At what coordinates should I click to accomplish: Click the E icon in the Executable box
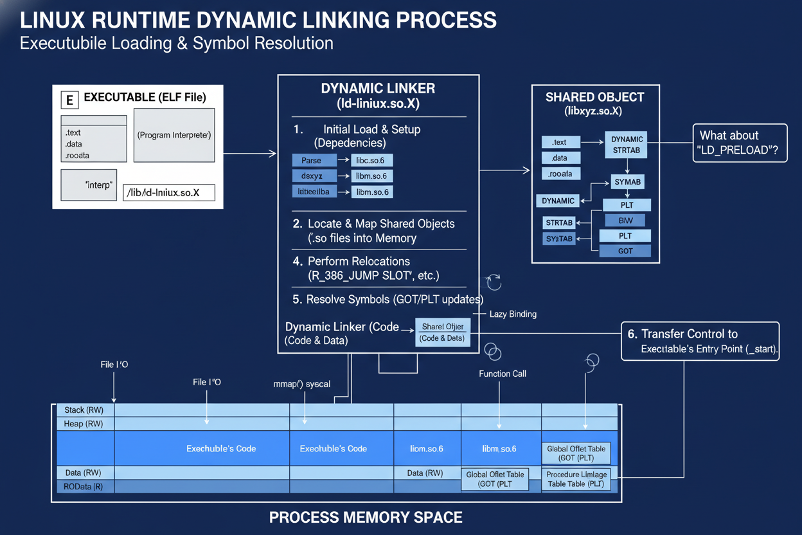pos(69,100)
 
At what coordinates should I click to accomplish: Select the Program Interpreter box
pos(174,135)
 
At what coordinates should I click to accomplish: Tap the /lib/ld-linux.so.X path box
pos(168,192)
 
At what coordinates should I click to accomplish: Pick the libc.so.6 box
pos(371,160)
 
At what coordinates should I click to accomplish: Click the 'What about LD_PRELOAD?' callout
pos(739,143)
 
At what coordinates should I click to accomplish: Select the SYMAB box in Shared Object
pos(627,182)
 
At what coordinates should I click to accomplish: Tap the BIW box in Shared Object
pos(625,221)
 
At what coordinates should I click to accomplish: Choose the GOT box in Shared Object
pos(625,251)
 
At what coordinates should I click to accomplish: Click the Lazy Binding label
pos(513,314)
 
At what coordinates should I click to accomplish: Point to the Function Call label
pos(503,374)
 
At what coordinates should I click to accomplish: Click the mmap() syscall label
pos(302,384)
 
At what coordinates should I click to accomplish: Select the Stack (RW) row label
pos(84,410)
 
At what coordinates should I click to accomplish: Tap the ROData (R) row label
pos(84,487)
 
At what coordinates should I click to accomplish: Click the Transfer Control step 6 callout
pos(700,341)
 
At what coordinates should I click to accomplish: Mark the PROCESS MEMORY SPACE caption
pos(366,517)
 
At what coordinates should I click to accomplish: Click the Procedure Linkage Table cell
pos(576,479)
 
